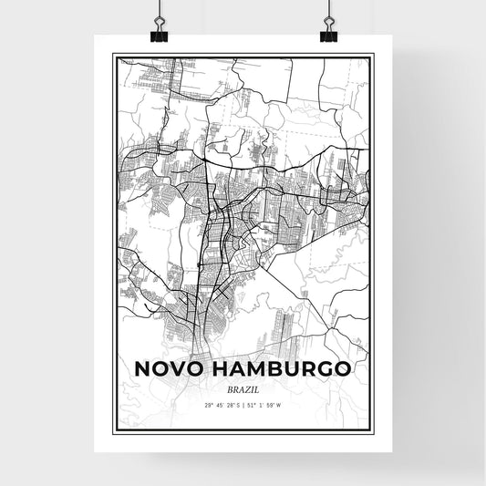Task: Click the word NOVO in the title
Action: (171, 369)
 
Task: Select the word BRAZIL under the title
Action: (242, 388)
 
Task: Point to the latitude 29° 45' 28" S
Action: (213, 404)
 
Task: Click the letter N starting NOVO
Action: (143, 369)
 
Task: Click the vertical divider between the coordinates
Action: (243, 404)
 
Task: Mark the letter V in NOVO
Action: (181, 369)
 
